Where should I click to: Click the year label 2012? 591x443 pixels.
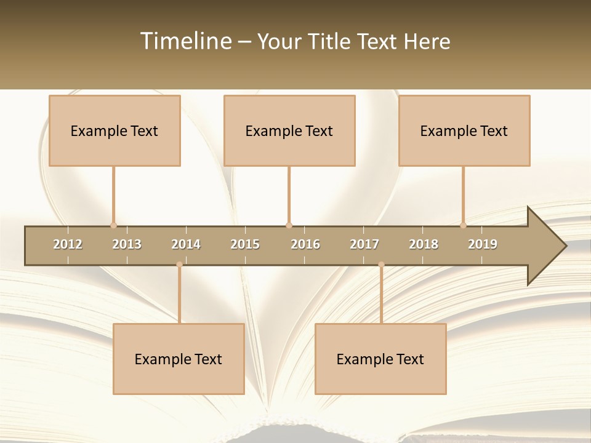68,244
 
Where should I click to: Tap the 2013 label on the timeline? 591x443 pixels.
127,244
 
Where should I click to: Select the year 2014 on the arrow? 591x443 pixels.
186,244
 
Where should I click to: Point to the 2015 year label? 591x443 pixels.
245,244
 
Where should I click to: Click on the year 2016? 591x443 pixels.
305,244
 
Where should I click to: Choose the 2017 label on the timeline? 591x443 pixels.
364,244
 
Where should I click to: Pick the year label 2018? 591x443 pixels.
424,244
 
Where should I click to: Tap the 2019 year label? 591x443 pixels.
483,244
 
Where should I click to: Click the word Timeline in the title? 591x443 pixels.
185,41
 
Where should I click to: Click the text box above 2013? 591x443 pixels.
115,130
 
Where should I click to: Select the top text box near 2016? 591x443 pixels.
289,130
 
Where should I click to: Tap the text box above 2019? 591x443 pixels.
464,130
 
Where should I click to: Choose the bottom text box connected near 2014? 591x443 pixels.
179,359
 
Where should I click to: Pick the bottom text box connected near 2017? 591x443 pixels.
380,359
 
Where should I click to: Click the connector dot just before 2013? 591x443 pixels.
113,225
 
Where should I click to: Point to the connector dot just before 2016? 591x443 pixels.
289,225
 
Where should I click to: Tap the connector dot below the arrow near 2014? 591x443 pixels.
179,265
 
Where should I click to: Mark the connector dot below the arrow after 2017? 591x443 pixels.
381,265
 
